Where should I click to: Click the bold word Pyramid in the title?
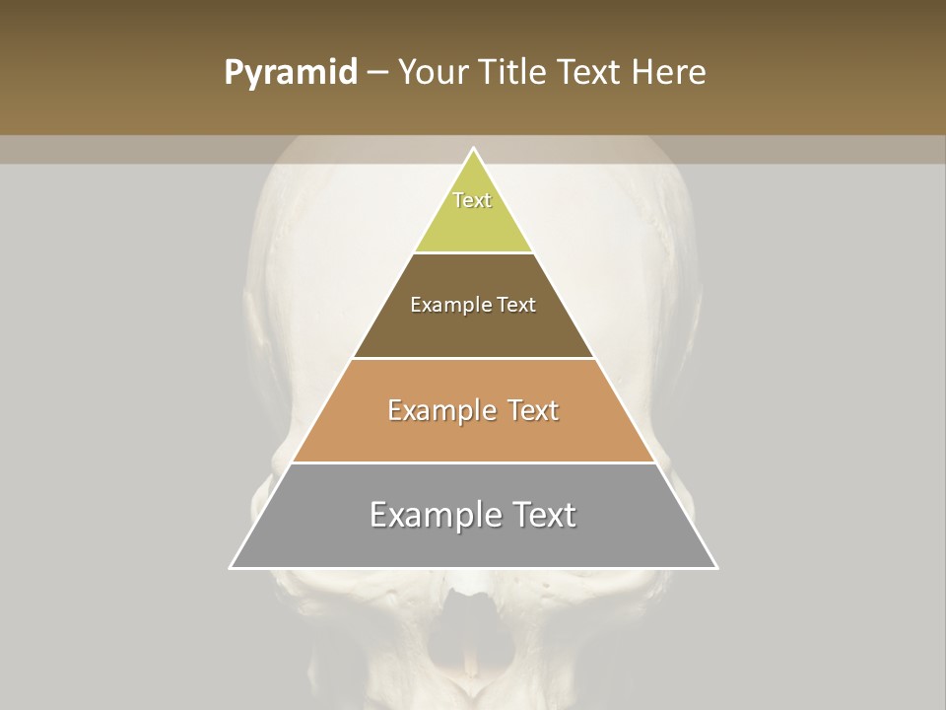coord(291,72)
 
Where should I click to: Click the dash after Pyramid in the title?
coord(376,72)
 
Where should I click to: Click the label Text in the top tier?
coord(472,200)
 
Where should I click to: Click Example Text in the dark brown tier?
coord(473,305)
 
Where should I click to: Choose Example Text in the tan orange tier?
coord(473,410)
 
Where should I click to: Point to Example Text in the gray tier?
coord(473,515)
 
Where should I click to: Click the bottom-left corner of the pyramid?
coord(231,567)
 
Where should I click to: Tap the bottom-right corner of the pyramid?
coord(716,567)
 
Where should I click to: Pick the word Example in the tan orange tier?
coord(439,410)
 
